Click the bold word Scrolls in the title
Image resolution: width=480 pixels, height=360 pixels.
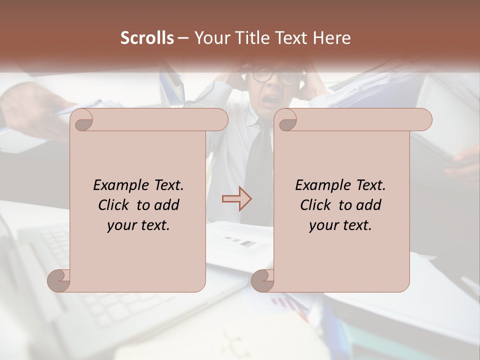tap(147, 38)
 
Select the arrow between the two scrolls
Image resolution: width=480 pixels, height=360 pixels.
tap(237, 198)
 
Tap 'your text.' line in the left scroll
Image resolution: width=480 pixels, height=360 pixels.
tap(138, 225)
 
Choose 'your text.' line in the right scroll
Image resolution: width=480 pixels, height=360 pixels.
tap(340, 225)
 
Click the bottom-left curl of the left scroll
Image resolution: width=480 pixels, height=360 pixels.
tap(59, 280)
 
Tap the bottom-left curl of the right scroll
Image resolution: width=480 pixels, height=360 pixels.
tap(263, 280)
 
